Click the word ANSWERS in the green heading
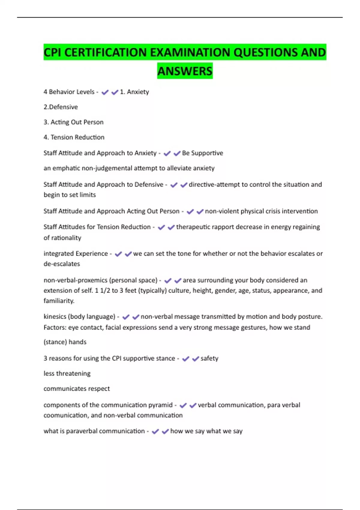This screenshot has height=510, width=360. [x=185, y=71]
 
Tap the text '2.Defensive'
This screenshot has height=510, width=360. [x=61, y=107]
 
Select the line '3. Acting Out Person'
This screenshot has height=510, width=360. [x=73, y=122]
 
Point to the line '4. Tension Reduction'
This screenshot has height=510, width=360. [x=74, y=137]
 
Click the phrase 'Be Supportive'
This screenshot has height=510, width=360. [x=202, y=153]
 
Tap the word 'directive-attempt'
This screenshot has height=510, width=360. [x=214, y=184]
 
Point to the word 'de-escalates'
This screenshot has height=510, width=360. [x=62, y=264]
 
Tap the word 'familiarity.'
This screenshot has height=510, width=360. [x=59, y=301]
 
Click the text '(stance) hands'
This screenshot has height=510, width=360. [x=65, y=342]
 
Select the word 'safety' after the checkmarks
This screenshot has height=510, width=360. [x=209, y=358]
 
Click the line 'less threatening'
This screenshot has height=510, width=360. [x=67, y=373]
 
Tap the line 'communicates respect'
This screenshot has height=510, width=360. [x=76, y=388]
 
